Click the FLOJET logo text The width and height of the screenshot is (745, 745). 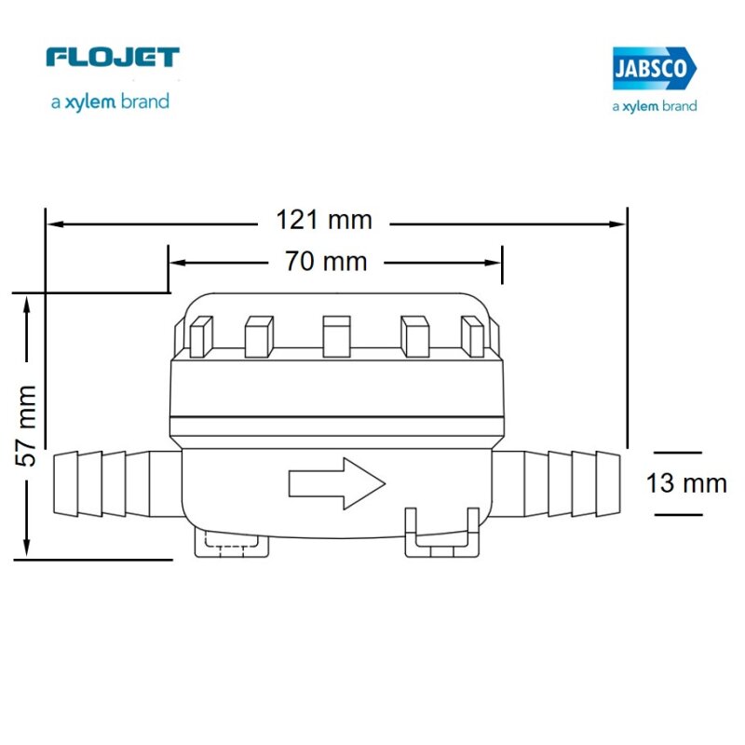[112, 58]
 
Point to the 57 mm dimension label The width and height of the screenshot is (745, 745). [28, 425]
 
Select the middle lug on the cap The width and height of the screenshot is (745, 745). [335, 336]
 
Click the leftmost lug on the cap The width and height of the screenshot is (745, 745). [202, 337]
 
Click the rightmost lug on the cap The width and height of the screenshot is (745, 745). [473, 337]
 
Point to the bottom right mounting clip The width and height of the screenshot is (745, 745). [442, 535]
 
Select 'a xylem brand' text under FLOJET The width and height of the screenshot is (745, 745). [110, 102]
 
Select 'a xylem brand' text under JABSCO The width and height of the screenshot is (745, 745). [654, 106]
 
